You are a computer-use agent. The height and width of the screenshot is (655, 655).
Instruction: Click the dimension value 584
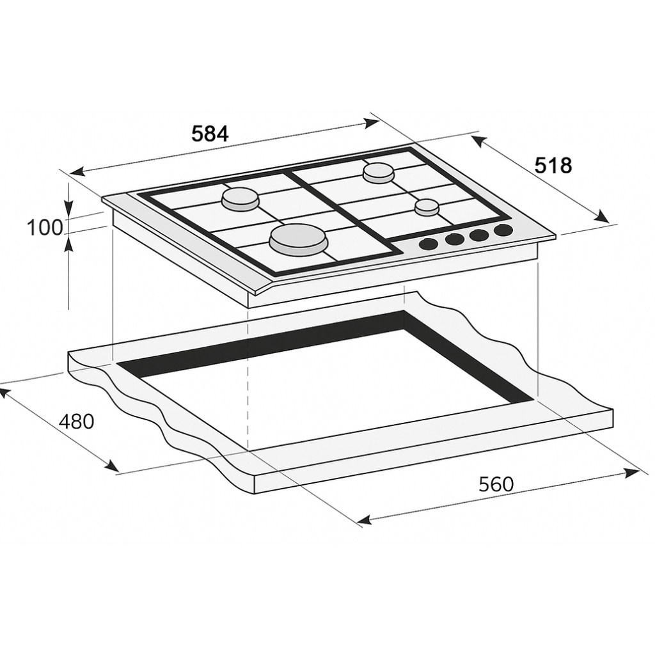click(x=210, y=134)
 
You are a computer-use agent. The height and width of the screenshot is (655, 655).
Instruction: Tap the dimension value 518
click(x=553, y=166)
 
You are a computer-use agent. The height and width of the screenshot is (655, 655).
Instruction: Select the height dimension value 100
click(x=45, y=227)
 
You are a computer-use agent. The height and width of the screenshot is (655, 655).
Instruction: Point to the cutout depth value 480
click(x=76, y=422)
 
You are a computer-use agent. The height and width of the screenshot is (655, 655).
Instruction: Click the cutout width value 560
click(x=496, y=484)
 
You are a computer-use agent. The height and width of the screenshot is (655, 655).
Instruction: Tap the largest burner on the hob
click(x=298, y=241)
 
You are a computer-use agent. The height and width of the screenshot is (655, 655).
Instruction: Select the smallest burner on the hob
click(x=427, y=207)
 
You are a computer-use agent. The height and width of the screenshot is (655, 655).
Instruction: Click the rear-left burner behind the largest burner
click(x=241, y=200)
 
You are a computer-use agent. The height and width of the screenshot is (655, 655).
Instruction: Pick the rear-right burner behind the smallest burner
click(x=379, y=172)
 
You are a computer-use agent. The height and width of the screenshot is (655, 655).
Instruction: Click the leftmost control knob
click(x=429, y=243)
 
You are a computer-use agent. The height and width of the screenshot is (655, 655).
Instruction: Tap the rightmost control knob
click(x=503, y=230)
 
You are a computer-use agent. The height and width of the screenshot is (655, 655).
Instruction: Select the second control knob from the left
click(x=454, y=239)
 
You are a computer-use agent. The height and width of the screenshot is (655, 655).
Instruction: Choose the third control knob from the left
click(x=479, y=235)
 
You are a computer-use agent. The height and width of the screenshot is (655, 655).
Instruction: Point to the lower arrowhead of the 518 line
click(x=602, y=218)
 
